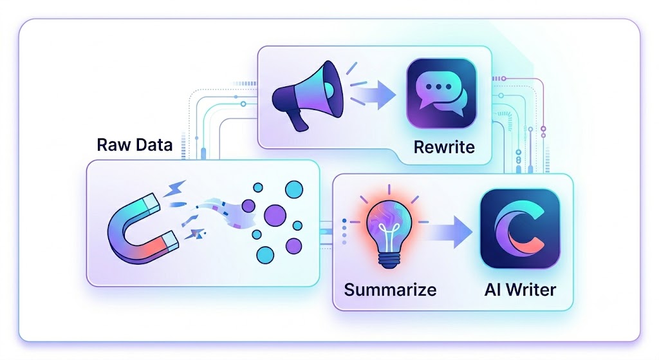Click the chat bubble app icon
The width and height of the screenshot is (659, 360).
(441, 93)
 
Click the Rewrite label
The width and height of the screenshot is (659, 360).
(444, 147)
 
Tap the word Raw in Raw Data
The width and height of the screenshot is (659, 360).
(112, 145)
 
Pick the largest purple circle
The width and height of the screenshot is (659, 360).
(275, 215)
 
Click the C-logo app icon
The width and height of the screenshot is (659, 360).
(520, 229)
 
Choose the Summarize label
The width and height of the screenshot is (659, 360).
(390, 290)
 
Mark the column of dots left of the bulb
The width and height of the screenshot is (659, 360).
(344, 232)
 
